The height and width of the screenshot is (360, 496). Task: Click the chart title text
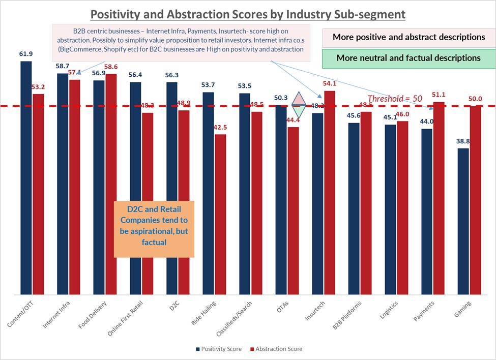pyautogui.click(x=248, y=14)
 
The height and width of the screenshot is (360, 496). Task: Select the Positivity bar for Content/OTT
pyautogui.click(x=26, y=177)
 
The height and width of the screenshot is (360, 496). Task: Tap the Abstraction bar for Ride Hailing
pyautogui.click(x=221, y=214)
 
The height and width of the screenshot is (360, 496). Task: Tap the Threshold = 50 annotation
pyautogui.click(x=395, y=99)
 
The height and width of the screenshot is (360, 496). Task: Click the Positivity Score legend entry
pyautogui.click(x=219, y=349)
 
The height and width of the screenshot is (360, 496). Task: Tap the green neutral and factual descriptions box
pyautogui.click(x=409, y=58)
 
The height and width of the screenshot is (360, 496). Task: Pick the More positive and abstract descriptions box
pyautogui.click(x=409, y=37)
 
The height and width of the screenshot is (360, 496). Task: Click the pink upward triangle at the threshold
pyautogui.click(x=299, y=98)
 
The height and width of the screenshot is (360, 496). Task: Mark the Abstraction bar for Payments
pyautogui.click(x=440, y=198)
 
